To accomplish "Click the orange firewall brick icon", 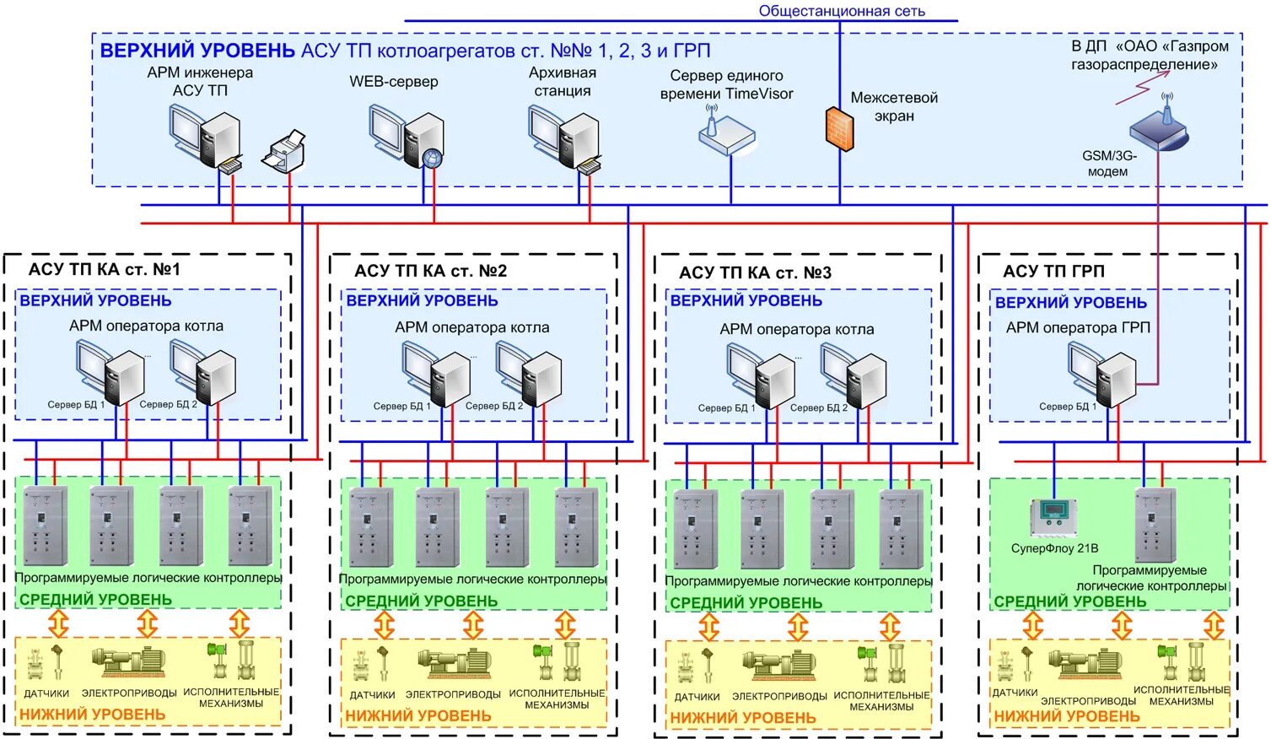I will coord(839,129).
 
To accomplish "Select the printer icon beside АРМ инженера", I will coord(283,152).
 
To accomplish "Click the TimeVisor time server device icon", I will coord(726,134).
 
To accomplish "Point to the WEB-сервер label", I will coord(394,82).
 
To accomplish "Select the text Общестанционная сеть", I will coord(842,11).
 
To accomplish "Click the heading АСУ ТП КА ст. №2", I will coord(431,271).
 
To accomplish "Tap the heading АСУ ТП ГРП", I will coord(1053,271).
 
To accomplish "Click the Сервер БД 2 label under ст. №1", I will coord(168,404).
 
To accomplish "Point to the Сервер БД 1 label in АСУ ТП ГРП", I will coord(1068,407).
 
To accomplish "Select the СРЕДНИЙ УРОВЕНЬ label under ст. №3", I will coord(746,602).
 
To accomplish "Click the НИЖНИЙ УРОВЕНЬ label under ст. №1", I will coord(93,714).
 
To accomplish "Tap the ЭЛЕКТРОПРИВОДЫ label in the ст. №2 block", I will coord(454,694).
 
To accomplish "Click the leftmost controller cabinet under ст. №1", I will coord(45,526).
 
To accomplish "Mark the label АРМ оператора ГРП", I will coord(1078,327).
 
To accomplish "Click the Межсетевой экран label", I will coord(894,107).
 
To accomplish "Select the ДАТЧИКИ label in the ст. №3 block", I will coord(697,697).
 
